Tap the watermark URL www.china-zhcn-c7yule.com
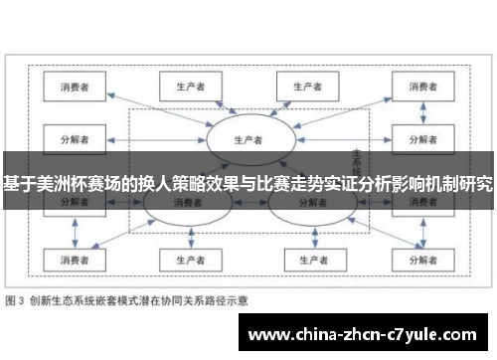point(367,334)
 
